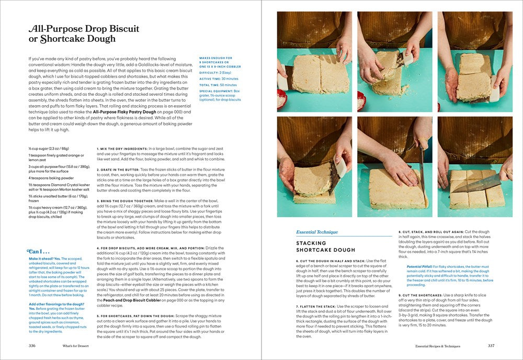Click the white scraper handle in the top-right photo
click(494, 94)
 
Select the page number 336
click(32, 345)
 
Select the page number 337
click(491, 345)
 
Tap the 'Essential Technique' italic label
click(317, 232)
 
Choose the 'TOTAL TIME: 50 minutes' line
click(218, 85)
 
